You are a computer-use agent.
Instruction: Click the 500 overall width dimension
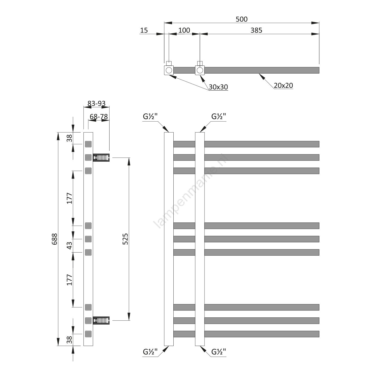[242, 19]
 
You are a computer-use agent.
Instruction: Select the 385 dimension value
[256, 30]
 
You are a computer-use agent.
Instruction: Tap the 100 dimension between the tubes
[184, 30]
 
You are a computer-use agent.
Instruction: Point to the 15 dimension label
[144, 30]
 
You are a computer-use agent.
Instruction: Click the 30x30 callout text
[218, 87]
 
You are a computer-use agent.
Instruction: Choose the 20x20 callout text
[283, 85]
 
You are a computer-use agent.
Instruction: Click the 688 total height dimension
[55, 239]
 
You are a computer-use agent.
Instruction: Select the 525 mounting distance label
[125, 239]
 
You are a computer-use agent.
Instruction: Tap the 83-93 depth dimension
[97, 103]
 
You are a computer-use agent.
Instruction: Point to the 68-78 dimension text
[99, 116]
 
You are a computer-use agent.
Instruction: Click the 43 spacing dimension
[69, 246]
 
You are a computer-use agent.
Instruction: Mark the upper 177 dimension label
[69, 198]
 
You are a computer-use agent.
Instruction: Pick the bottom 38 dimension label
[69, 340]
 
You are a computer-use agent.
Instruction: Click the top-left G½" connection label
[150, 116]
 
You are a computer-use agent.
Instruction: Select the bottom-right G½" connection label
[219, 352]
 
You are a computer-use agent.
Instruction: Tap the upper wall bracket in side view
[101, 158]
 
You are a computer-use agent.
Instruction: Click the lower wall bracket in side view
[101, 320]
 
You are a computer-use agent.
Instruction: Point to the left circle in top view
[169, 70]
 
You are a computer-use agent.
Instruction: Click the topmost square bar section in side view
[88, 144]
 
